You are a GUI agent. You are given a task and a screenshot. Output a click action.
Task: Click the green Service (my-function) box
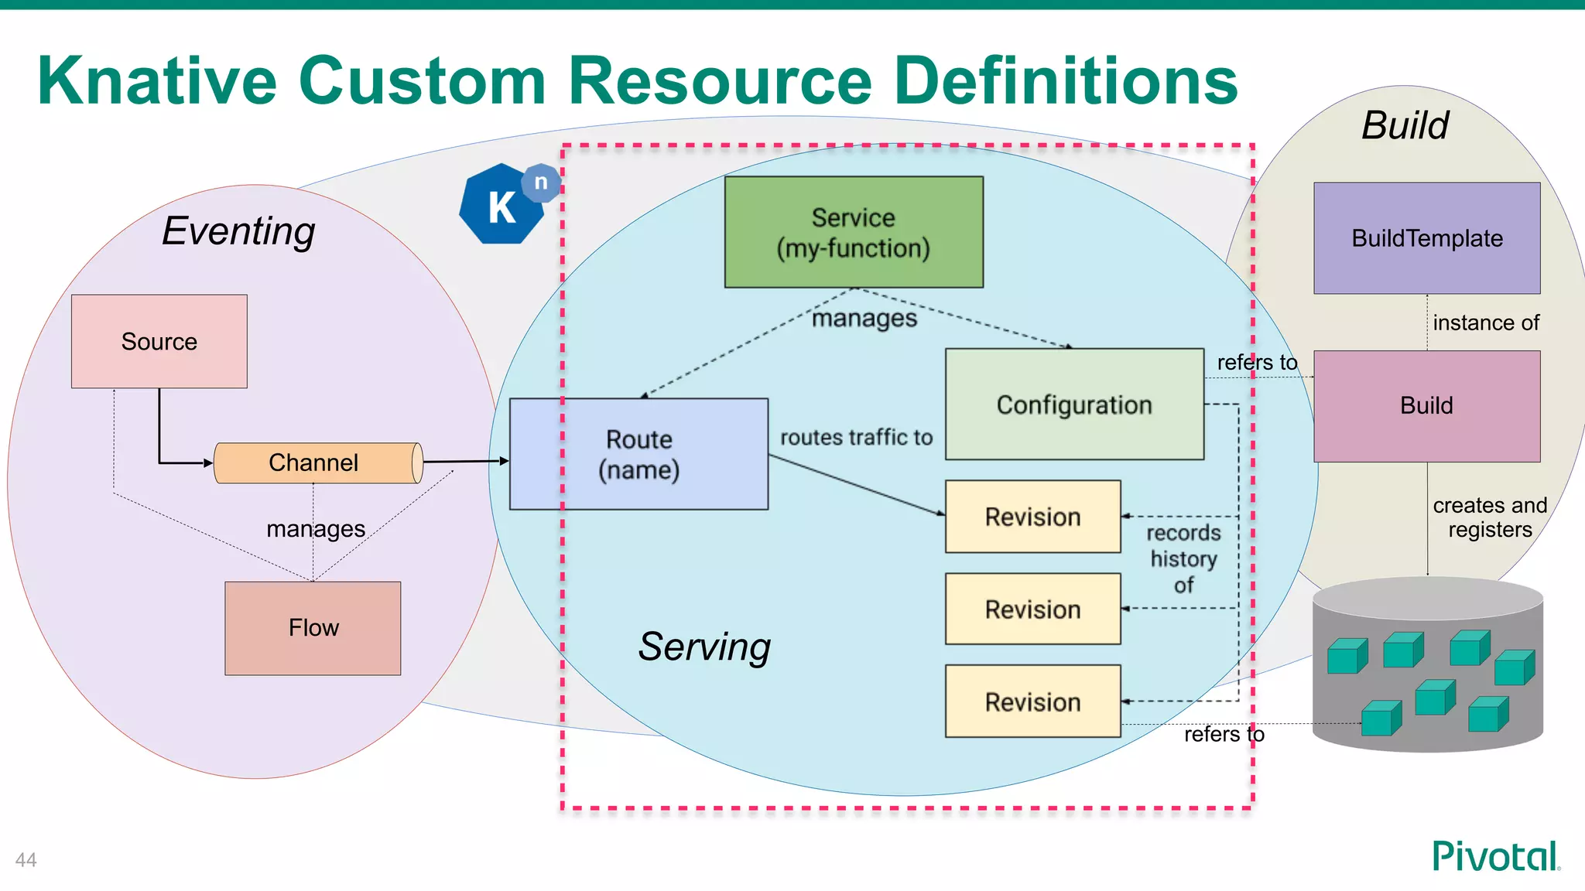pyautogui.click(x=854, y=232)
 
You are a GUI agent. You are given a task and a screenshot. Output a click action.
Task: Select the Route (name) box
pyautogui.click(x=638, y=454)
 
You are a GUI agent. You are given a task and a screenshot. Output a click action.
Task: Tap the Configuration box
pyautogui.click(x=1074, y=405)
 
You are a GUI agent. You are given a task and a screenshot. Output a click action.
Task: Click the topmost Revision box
pyautogui.click(x=1032, y=517)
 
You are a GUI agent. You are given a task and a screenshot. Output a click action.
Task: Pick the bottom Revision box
pyautogui.click(x=1032, y=702)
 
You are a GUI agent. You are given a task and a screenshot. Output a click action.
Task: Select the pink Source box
pyautogui.click(x=159, y=341)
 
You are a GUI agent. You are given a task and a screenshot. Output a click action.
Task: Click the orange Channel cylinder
pyautogui.click(x=313, y=463)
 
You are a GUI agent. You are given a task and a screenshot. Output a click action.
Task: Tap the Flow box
pyautogui.click(x=313, y=627)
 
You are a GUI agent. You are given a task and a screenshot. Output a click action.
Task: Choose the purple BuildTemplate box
pyautogui.click(x=1426, y=238)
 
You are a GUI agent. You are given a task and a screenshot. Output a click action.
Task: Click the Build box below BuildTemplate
pyautogui.click(x=1426, y=405)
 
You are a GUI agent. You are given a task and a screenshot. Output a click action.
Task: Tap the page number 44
pyautogui.click(x=26, y=860)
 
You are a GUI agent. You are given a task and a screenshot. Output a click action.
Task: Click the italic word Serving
pyautogui.click(x=704, y=647)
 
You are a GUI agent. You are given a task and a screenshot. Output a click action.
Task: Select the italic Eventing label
pyautogui.click(x=238, y=230)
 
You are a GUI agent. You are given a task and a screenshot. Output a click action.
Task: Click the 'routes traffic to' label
pyautogui.click(x=856, y=438)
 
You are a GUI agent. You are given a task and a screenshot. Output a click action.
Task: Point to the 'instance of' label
pyautogui.click(x=1485, y=323)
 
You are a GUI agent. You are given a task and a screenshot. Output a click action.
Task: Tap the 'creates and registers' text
pyautogui.click(x=1489, y=517)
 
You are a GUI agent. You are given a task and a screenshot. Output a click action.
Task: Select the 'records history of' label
pyautogui.click(x=1183, y=558)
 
